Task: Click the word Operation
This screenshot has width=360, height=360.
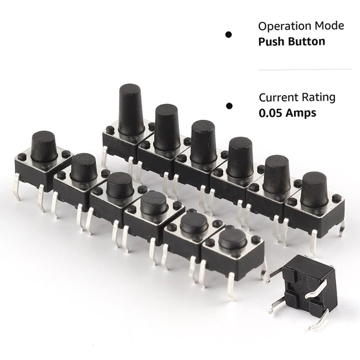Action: (284, 27)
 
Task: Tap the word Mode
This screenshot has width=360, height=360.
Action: (329, 26)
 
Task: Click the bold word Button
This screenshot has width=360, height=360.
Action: (306, 41)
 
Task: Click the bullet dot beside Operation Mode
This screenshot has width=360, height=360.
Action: (229, 35)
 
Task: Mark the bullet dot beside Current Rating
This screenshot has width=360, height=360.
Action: (229, 106)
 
